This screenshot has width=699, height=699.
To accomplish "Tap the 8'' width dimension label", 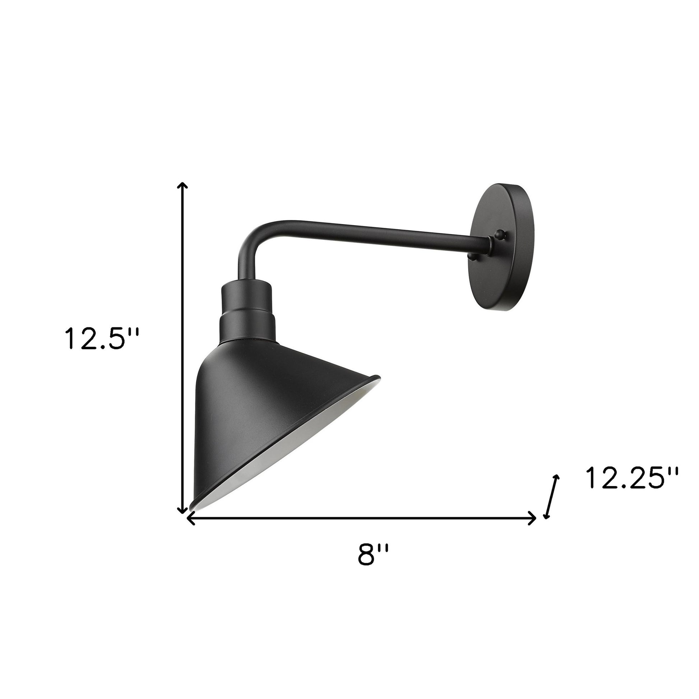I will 373,565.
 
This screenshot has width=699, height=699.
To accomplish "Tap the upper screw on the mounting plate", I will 500,235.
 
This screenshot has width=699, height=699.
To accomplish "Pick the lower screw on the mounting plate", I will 471,256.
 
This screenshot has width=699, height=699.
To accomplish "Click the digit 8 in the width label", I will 366,565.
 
